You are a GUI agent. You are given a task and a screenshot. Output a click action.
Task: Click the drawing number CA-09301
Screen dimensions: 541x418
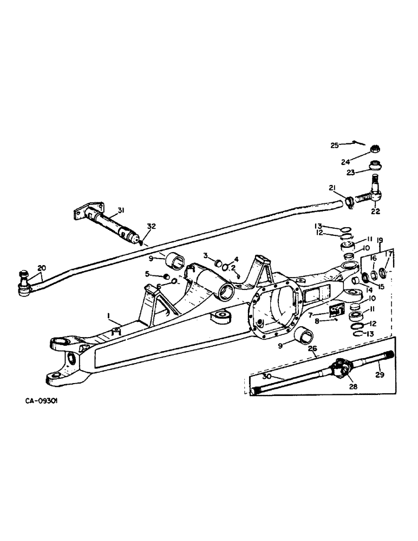point(43,403)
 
